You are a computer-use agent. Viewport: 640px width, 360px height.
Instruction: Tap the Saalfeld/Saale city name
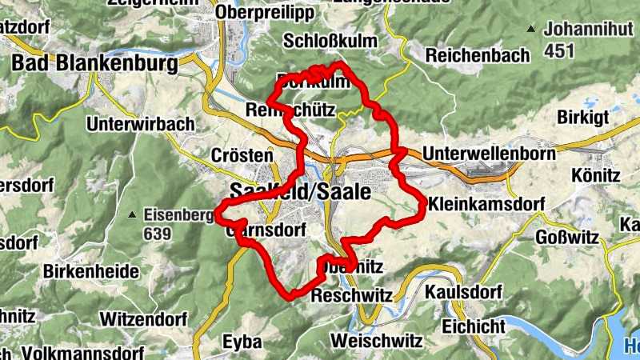pyautogui.click(x=300, y=193)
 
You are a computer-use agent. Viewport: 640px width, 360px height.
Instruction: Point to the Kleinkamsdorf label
pyautogui.click(x=486, y=204)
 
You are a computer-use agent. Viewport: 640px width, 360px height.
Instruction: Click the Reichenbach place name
pyautogui.click(x=478, y=55)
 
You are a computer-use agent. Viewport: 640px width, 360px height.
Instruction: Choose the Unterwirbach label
pyautogui.click(x=141, y=124)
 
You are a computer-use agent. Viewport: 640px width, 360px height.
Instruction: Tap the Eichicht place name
pyautogui.click(x=474, y=326)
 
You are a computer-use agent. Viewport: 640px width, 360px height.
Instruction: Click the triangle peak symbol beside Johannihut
pyautogui.click(x=531, y=30)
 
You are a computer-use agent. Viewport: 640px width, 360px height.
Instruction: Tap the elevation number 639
pyautogui.click(x=158, y=234)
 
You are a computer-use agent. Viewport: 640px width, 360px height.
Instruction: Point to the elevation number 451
pyautogui.click(x=560, y=51)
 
